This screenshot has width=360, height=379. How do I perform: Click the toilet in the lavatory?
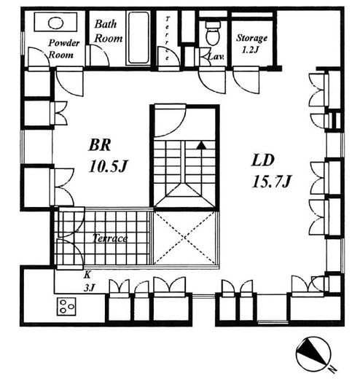click(x=213, y=33)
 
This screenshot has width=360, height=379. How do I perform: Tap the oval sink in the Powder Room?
click(x=55, y=23)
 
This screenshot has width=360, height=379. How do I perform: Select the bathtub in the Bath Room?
click(x=138, y=38)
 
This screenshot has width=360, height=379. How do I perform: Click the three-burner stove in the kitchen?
click(x=66, y=307)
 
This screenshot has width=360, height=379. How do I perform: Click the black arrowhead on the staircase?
click(x=201, y=145)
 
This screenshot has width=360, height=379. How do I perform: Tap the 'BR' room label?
click(x=100, y=145)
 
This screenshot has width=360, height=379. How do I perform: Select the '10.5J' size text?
click(x=108, y=166)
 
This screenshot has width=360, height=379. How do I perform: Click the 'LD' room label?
click(x=262, y=160)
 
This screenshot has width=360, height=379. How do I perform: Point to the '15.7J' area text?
click(x=271, y=181)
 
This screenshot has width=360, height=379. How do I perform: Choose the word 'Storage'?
click(x=252, y=38)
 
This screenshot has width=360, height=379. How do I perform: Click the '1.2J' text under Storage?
click(x=251, y=50)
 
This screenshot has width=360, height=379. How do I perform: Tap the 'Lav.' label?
click(x=216, y=57)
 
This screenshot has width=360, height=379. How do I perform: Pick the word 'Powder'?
click(x=64, y=43)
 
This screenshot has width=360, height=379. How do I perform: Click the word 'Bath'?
click(x=106, y=24)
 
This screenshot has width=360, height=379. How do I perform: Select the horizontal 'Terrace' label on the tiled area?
click(x=110, y=238)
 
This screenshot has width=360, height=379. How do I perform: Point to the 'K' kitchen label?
click(x=87, y=276)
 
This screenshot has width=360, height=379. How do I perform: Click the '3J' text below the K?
click(x=89, y=288)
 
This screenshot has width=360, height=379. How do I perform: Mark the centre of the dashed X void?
click(x=185, y=238)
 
